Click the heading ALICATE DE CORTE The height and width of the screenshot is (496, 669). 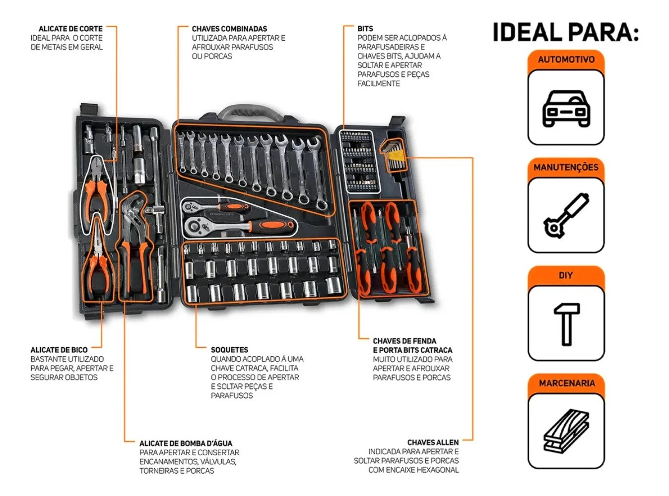click(x=70, y=29)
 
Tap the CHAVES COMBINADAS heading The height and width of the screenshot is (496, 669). click(x=229, y=29)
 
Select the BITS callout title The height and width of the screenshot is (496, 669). click(x=365, y=29)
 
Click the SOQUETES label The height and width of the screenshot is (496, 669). click(x=229, y=350)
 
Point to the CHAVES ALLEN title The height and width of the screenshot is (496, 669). click(x=433, y=442)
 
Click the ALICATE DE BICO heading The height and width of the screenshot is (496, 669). click(x=59, y=350)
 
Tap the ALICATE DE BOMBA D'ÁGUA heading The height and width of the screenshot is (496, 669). click(x=186, y=443)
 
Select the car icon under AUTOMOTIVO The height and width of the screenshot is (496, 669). click(x=566, y=108)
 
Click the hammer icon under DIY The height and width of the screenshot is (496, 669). click(x=566, y=324)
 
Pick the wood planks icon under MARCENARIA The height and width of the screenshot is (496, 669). click(x=566, y=431)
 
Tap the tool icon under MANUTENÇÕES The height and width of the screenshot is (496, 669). click(x=566, y=215)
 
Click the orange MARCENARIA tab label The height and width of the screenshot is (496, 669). click(x=566, y=383)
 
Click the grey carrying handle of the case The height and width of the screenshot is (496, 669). click(x=250, y=111)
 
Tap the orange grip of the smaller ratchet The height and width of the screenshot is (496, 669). click(x=234, y=207)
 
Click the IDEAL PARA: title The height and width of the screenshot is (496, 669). click(x=566, y=32)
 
